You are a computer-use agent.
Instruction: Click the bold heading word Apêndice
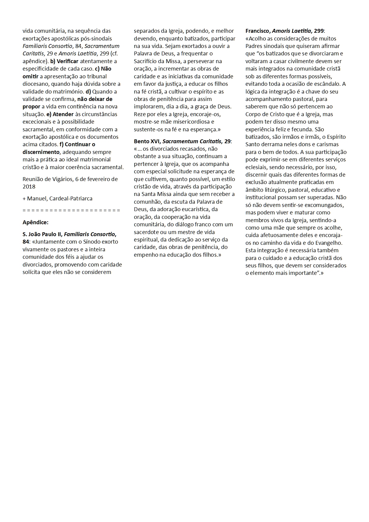click(x=35, y=222)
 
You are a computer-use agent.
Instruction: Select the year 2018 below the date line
click(x=29, y=187)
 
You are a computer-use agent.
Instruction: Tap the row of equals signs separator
click(x=71, y=210)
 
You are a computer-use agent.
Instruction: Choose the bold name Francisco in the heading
click(x=257, y=31)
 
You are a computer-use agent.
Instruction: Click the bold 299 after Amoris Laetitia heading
click(x=319, y=31)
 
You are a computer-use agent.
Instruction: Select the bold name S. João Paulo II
click(x=42, y=234)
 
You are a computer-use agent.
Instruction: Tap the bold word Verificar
click(x=68, y=61)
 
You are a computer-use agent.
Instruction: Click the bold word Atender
click(x=63, y=114)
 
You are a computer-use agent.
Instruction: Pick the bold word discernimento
click(x=41, y=152)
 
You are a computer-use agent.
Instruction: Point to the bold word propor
click(x=31, y=107)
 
